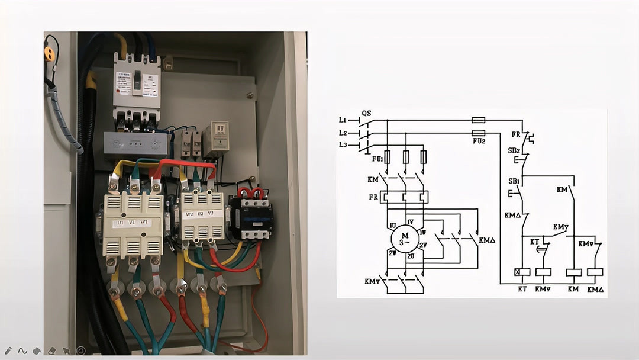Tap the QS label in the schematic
tap(366, 114)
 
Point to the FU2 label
tap(479, 142)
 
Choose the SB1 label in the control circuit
tap(513, 181)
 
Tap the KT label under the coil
tap(522, 289)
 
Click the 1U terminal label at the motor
tap(393, 226)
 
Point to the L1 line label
tap(343, 120)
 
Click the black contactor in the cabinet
tap(251, 214)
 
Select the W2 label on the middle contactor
tap(190, 214)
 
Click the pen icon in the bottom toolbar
tap(8, 351)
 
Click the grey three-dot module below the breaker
tap(135, 143)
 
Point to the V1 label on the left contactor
tap(132, 223)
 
